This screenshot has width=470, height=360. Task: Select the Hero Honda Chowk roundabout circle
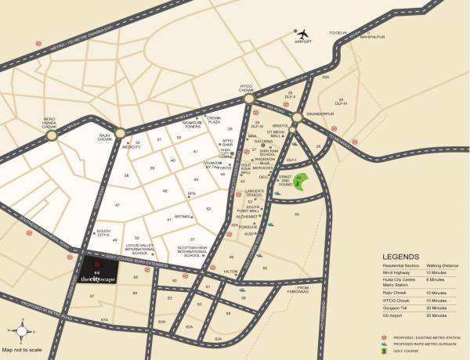click(x=52, y=134)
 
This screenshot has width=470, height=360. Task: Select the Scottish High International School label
click(x=191, y=251)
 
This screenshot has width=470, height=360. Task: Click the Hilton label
click(x=230, y=271)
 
